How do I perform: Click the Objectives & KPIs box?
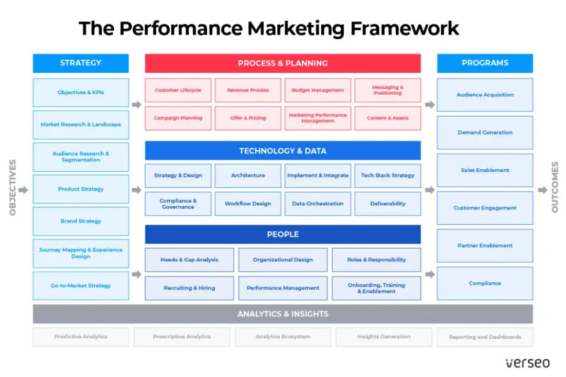(81, 93)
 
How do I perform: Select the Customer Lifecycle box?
(178, 90)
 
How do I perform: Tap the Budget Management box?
(318, 90)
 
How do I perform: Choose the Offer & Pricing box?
(248, 118)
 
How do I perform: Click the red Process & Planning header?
(282, 63)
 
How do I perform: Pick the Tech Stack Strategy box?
(387, 175)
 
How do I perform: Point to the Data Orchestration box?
(318, 204)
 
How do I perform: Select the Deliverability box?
(387, 204)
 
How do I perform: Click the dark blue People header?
(282, 235)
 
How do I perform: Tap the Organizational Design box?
(282, 260)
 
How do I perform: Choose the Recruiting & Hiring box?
(189, 288)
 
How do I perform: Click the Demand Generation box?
(485, 132)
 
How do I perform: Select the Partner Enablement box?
(485, 246)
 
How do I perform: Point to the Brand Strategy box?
(81, 221)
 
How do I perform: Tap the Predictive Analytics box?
(81, 337)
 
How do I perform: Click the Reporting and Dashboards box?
(485, 337)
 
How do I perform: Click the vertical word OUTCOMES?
(555, 187)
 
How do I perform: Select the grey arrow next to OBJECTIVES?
(23, 190)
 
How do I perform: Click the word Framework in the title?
(405, 28)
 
